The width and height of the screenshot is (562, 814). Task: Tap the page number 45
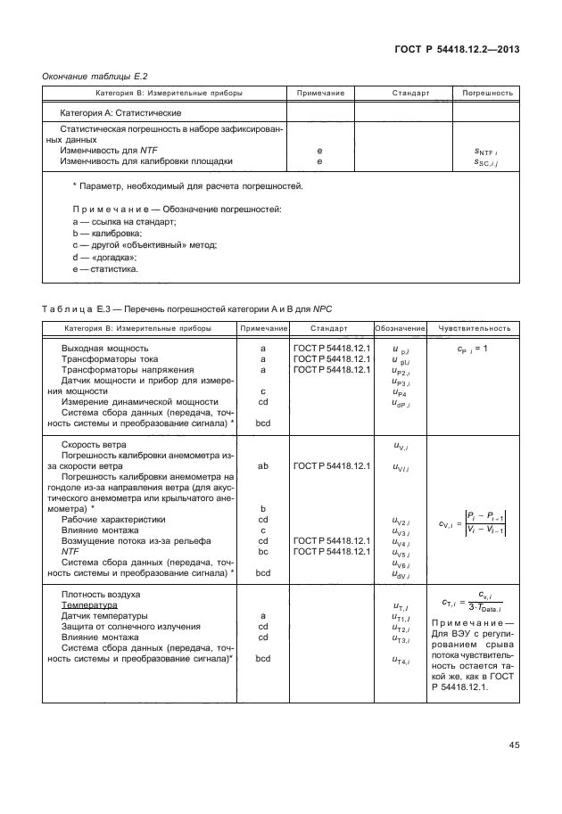point(513,744)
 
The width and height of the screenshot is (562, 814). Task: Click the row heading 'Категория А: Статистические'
point(120,113)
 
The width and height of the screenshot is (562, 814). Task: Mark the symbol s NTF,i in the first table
point(486,152)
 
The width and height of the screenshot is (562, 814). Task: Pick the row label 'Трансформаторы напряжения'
point(126,369)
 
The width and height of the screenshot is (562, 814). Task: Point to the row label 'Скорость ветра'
point(94,444)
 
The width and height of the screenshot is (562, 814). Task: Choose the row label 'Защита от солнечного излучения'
point(130,626)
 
